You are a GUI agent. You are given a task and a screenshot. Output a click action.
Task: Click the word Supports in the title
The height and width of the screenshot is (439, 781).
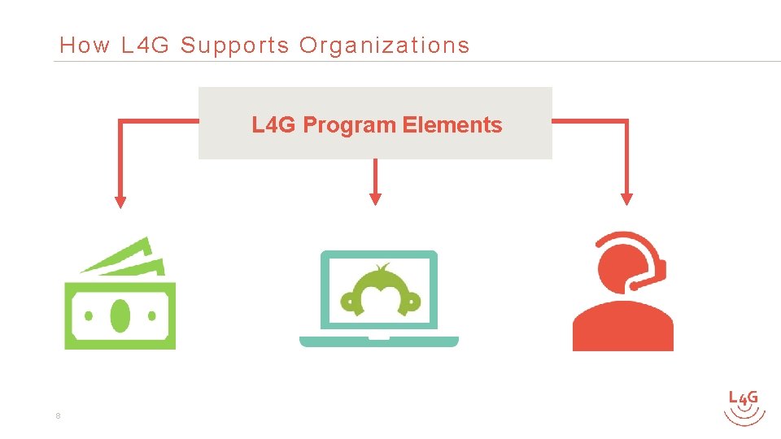[x=234, y=46]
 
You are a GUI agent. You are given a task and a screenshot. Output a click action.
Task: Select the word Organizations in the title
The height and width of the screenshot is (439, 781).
[x=384, y=46]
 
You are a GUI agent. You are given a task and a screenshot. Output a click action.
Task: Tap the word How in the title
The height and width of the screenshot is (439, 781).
[x=84, y=46]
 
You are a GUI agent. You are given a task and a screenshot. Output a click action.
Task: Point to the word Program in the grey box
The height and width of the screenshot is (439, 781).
[x=350, y=125]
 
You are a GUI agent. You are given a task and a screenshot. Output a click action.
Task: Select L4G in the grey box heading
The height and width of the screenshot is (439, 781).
[x=274, y=125]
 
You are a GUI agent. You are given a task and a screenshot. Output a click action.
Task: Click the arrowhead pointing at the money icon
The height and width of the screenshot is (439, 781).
[x=120, y=202]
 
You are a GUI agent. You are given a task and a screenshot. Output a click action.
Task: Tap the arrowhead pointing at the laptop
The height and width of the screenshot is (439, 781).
[x=375, y=198]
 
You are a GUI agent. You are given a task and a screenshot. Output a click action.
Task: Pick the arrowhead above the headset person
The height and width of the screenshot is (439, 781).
[x=626, y=198]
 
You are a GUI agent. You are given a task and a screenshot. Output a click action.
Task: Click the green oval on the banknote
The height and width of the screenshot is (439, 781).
[x=120, y=315]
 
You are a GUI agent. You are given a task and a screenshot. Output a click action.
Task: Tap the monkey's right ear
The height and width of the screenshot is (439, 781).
[x=412, y=302]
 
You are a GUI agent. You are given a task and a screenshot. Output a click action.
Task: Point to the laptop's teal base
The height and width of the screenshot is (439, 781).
[x=379, y=341]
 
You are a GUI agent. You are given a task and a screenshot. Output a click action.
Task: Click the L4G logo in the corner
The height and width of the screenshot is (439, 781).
[x=744, y=406]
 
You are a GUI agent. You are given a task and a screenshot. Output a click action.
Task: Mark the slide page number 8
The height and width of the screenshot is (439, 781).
[x=58, y=416]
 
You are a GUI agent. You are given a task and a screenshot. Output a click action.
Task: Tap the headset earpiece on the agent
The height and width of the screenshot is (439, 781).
[x=660, y=268]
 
